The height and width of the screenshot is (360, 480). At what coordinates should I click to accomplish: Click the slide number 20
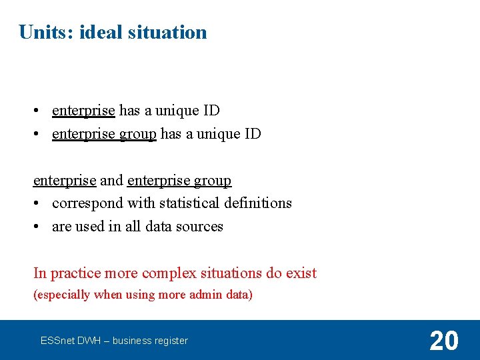(444, 341)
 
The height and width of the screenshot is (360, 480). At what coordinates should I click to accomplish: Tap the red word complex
(169, 273)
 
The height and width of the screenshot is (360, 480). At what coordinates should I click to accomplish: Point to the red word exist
(301, 273)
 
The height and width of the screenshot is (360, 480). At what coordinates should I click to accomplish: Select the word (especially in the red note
(61, 295)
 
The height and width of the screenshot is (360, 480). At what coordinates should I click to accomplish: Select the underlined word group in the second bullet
(138, 134)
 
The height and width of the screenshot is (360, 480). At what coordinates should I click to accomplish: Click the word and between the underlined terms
(112, 180)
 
